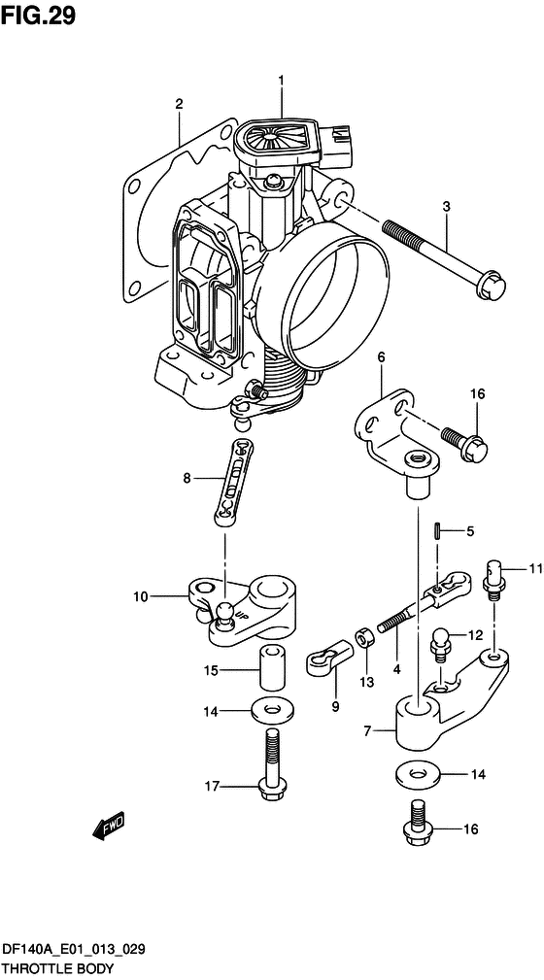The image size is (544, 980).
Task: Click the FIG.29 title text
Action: coord(38,16)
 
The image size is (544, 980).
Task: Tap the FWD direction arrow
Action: coord(109,825)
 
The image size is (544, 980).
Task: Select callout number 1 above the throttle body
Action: coord(281,80)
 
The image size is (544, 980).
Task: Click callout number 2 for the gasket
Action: coord(179,104)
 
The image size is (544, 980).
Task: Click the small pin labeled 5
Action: coord(437,532)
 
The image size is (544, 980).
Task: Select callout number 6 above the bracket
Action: coord(381,357)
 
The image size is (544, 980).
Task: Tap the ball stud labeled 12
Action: coord(440,643)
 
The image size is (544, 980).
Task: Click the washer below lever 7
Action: coord(417,774)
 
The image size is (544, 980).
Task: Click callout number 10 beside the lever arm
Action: coord(140,597)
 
